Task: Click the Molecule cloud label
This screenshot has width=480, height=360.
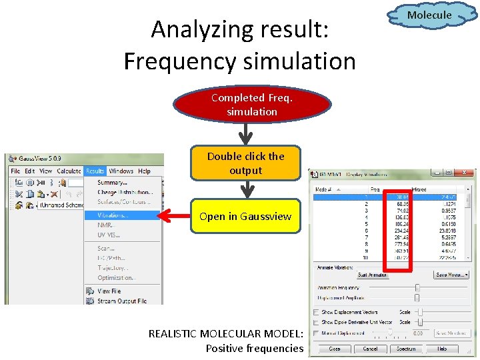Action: coord(429,15)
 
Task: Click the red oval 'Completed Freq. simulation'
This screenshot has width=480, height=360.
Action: coord(252,105)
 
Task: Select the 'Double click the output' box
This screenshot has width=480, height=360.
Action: coord(245,163)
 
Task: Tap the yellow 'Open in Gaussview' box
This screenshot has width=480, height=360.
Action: coord(245,216)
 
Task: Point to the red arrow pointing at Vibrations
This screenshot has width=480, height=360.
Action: coord(177,216)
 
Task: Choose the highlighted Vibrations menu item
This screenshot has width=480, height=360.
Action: coord(113,215)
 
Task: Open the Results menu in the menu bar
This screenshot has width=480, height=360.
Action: coord(95,171)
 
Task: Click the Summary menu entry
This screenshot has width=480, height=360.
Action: coord(112,183)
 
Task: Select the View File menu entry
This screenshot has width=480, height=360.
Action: coord(109,291)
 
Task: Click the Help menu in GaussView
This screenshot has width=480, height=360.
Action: coord(144,171)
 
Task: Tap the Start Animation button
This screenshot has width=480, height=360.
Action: coord(372,275)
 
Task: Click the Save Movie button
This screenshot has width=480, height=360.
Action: coord(451,275)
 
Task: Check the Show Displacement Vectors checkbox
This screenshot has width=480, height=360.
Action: coord(315,312)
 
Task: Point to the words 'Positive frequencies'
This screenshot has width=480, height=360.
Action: coord(254,348)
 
